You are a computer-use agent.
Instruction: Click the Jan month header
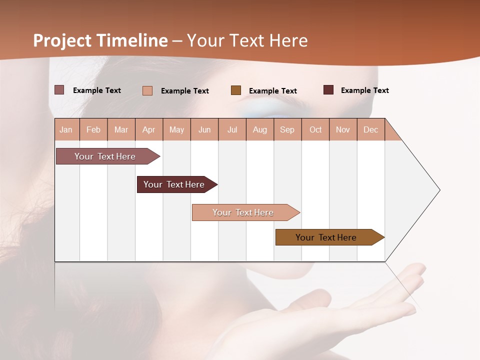[x=66, y=129]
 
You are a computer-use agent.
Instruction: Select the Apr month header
[x=149, y=129]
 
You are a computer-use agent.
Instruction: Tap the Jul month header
[x=232, y=129]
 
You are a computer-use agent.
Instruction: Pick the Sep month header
[x=287, y=129]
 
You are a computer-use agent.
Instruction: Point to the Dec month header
[x=370, y=129]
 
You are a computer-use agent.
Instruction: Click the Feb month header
[x=93, y=129]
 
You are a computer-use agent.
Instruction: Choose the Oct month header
[x=315, y=129]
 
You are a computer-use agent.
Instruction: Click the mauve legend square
[x=59, y=90]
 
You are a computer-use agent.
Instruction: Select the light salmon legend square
[x=147, y=90]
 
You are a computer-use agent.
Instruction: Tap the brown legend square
[x=236, y=90]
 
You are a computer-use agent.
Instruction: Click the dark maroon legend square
[x=328, y=90]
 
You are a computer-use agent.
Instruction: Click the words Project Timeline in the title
[x=100, y=40]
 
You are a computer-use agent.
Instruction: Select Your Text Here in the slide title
[x=247, y=40]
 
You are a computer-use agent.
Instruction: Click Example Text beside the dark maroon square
[x=364, y=90]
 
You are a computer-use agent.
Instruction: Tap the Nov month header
[x=343, y=129]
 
